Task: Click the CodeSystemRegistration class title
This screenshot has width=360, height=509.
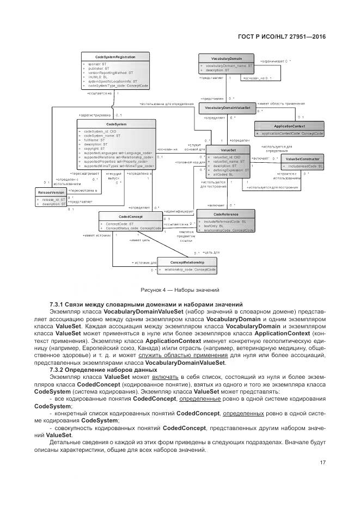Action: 115,57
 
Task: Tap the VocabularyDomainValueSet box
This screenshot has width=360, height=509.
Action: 228,107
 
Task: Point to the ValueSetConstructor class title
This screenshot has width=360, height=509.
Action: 302,158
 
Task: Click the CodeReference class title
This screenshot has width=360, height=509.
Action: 225,214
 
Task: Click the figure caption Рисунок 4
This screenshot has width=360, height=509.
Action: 179,290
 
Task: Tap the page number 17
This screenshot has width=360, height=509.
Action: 322,463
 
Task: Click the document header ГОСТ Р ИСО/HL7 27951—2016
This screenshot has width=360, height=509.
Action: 282,36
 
